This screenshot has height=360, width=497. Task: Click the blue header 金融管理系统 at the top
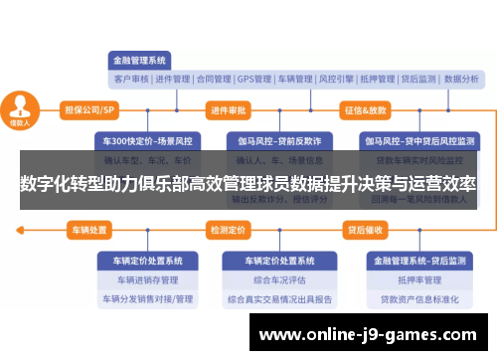139,59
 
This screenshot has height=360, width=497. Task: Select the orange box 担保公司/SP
89,109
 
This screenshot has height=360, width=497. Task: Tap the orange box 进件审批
229,109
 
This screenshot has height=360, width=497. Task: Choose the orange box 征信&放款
366,109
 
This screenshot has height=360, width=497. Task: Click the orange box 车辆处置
89,230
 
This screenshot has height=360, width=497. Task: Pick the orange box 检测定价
228,230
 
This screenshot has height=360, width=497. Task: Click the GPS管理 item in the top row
254,79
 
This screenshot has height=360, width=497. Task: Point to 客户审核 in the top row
131,79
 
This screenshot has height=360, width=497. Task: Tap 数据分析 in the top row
461,79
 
